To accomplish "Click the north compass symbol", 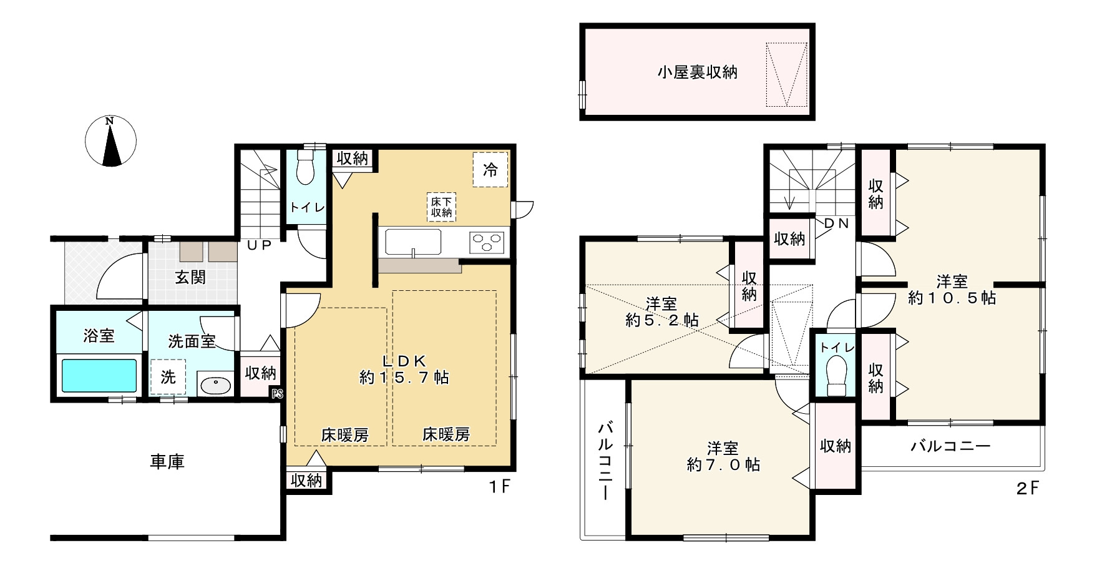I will pos(110,142).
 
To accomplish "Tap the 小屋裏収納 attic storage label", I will pos(697,72).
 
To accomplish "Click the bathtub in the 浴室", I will pos(99,375).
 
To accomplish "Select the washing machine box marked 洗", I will pos(168,377).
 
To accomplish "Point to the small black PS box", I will pos(277,394).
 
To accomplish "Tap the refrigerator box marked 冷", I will pos(490,169).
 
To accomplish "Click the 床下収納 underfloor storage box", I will pos(441,207).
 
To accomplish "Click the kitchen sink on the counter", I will pos(412,242).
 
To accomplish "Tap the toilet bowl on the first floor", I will pos(305,167).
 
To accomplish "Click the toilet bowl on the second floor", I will pos(836,375).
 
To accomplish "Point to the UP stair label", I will pos(259,246).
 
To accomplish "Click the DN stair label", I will pos(836,223).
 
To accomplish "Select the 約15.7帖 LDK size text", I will pos(404,378).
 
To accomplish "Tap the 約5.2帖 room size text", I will pos(661,320).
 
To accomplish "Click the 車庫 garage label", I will pos(167,462).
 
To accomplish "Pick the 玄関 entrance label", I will pos(190,277).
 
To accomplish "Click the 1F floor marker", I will pos(499,487).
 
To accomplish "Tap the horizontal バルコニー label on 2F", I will pos(950,446).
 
